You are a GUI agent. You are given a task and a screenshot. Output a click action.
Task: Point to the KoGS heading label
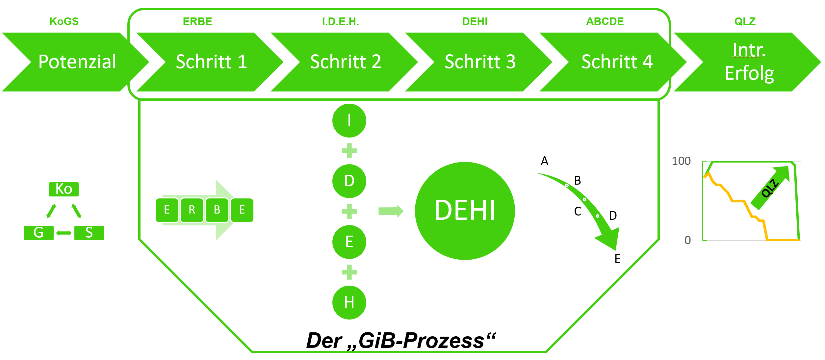(x=64, y=21)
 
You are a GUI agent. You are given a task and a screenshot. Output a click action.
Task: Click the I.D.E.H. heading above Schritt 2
(x=340, y=21)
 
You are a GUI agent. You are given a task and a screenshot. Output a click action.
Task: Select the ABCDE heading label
(x=605, y=21)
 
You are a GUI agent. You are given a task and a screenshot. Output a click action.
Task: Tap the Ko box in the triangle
(x=64, y=189)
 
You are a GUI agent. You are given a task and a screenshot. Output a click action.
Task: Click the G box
(x=39, y=233)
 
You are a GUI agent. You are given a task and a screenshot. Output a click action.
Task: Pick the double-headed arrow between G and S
(x=64, y=233)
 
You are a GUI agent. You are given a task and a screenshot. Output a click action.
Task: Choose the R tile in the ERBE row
(x=192, y=210)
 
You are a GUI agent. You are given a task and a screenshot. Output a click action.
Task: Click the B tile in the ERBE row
(x=217, y=210)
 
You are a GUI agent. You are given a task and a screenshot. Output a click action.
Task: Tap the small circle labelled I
(x=349, y=120)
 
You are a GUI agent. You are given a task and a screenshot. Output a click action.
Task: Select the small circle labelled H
(x=349, y=302)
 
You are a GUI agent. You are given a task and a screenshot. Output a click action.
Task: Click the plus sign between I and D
(x=349, y=151)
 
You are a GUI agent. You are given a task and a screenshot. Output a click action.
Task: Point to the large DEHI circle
(x=465, y=211)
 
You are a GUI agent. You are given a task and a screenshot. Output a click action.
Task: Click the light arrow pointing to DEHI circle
(x=391, y=211)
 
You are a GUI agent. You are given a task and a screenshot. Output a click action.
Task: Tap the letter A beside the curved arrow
(x=545, y=161)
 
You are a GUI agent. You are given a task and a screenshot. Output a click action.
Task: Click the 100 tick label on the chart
(x=681, y=161)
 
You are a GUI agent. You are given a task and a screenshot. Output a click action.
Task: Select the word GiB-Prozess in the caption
(x=421, y=341)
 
